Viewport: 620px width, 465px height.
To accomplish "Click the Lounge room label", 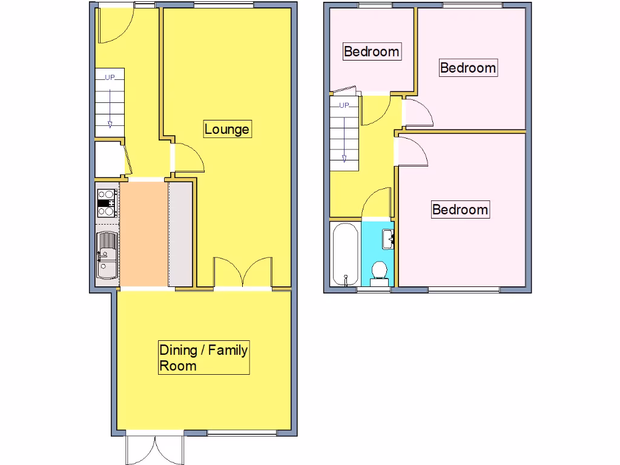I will coord(226,129).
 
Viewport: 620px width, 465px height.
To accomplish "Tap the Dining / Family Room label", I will coord(203,358).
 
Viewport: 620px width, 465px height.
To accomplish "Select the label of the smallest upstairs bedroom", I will coord(371,51).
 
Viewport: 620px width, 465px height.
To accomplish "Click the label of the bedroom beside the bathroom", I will coord(460,209).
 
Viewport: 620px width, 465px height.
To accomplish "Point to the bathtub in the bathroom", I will coord(345,253).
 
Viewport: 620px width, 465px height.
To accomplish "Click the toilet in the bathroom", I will coord(380,271).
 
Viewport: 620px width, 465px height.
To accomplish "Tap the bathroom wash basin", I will coord(387,238).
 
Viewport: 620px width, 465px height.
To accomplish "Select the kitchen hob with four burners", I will coord(107,203).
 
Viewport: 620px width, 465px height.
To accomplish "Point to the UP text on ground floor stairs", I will coord(110,77).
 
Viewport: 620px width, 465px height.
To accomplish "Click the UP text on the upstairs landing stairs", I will coord(344,105).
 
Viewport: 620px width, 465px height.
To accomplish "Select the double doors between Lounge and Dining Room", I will coord(243,272).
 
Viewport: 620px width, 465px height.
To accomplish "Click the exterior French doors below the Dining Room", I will coord(155,449).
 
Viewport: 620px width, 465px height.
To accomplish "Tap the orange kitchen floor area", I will coord(143,234).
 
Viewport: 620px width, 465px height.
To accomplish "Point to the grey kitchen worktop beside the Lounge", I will coord(180,234).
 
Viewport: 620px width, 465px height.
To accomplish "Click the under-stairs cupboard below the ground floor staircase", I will coord(109,159).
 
